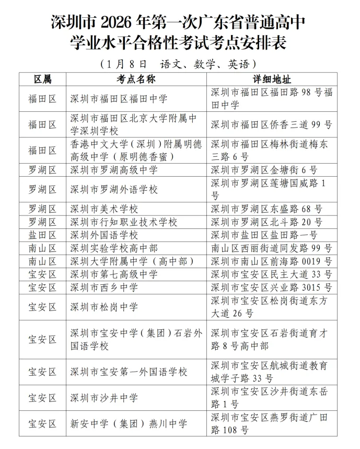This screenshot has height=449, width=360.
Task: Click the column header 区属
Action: pos(43,79)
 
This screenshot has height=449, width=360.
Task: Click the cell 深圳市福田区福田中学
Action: pos(119,98)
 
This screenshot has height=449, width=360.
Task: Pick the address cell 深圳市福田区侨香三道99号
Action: pos(271,124)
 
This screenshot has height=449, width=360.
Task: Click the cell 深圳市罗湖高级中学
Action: pos(114,169)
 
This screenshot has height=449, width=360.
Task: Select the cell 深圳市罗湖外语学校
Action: pos(114,189)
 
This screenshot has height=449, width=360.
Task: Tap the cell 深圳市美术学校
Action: pos(104,209)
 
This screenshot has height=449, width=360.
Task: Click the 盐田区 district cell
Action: pos(43,235)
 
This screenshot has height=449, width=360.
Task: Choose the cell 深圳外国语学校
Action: pos(104,235)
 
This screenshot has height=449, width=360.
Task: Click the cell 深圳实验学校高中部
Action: pos(114,248)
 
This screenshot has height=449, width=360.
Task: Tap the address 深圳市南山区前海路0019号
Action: pos(271,261)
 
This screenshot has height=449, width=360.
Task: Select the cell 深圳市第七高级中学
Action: pos(114,274)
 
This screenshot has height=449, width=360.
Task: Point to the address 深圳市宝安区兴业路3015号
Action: pos(271,287)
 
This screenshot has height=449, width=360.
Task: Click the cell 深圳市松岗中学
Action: pos(104,307)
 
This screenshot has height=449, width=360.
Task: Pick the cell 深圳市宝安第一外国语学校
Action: pos(129,372)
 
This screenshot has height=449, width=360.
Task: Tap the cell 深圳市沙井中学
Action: pos(104,398)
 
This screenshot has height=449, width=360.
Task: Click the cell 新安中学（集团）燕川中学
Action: pos(129,424)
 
